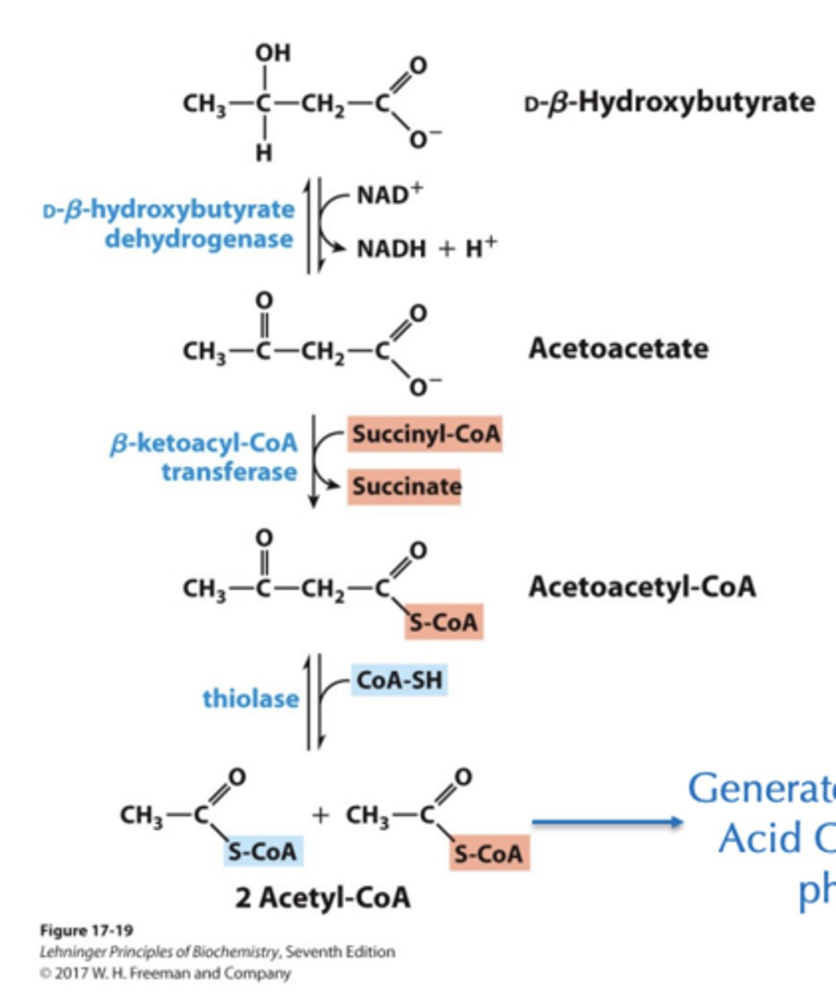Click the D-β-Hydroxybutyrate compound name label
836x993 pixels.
tap(670, 103)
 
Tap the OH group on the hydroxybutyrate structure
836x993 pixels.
tap(272, 53)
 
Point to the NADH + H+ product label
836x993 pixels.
tap(426, 247)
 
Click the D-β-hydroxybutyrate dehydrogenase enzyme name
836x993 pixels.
tap(170, 223)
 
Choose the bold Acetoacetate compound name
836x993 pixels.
tap(617, 348)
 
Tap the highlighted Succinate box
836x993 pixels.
tap(405, 486)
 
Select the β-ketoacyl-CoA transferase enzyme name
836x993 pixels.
tap(204, 458)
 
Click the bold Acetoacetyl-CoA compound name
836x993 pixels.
tap(641, 587)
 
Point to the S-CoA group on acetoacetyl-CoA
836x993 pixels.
tap(444, 621)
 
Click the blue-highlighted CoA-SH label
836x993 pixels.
tap(399, 680)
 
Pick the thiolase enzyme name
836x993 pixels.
tap(250, 698)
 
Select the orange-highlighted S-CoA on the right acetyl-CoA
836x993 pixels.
tap(489, 853)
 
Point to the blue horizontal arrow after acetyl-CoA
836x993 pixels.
tap(607, 822)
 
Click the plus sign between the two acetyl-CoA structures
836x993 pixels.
tap(320, 816)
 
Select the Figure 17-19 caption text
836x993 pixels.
tap(86, 930)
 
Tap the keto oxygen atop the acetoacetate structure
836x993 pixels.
tap(264, 299)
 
